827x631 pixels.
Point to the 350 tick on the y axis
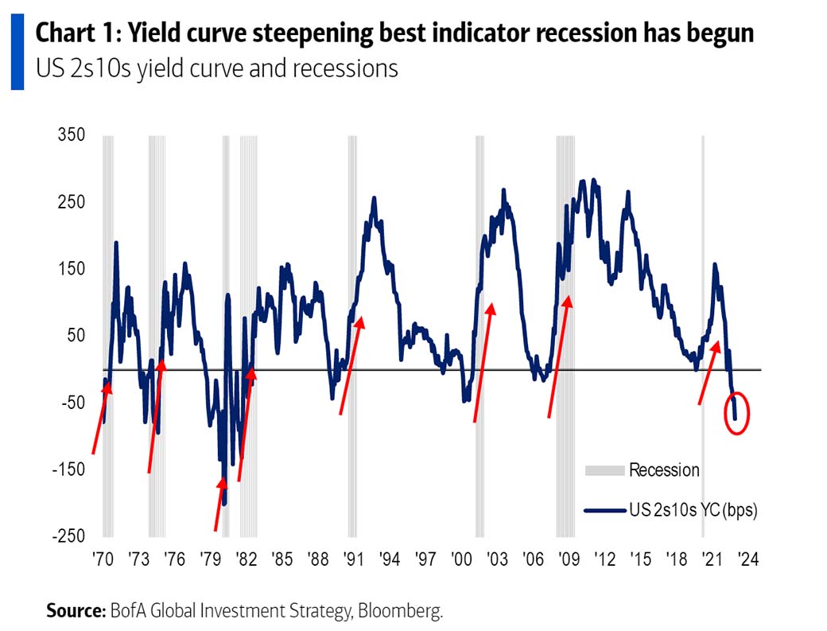72,135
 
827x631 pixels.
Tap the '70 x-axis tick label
102,559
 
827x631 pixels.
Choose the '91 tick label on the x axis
353,559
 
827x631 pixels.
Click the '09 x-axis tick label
568,559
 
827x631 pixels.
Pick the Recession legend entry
664,470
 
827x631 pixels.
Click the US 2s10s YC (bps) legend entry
693,511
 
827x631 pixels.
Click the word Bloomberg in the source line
401,611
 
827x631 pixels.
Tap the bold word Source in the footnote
75,611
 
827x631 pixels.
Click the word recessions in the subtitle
345,68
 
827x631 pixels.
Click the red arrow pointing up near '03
483,362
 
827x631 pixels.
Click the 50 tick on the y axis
75,335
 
